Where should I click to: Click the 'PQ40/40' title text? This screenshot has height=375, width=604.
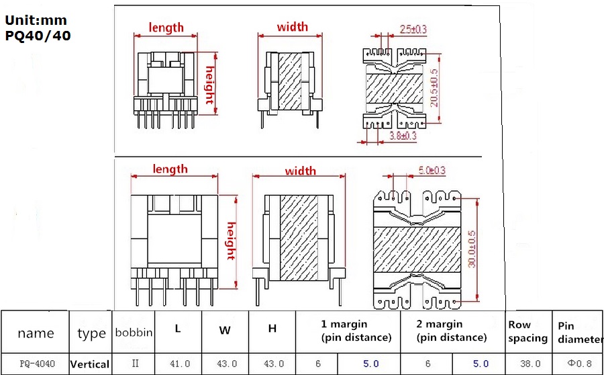click(38, 35)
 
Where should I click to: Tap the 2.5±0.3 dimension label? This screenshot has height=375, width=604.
click(413, 29)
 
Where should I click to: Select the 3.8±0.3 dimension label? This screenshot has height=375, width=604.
click(403, 135)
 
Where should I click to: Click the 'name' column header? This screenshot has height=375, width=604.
click(36, 333)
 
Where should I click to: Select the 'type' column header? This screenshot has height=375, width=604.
click(91, 333)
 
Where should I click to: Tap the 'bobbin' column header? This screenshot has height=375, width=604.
click(134, 332)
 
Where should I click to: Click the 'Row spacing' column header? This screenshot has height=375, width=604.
click(527, 332)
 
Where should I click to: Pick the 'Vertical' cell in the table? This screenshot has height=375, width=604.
click(90, 364)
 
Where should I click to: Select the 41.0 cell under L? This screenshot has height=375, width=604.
click(179, 364)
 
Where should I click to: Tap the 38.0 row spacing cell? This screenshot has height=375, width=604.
click(530, 364)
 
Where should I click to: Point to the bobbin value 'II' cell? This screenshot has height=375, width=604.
click(134, 363)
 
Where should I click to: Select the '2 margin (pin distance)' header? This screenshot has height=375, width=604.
click(451, 331)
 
